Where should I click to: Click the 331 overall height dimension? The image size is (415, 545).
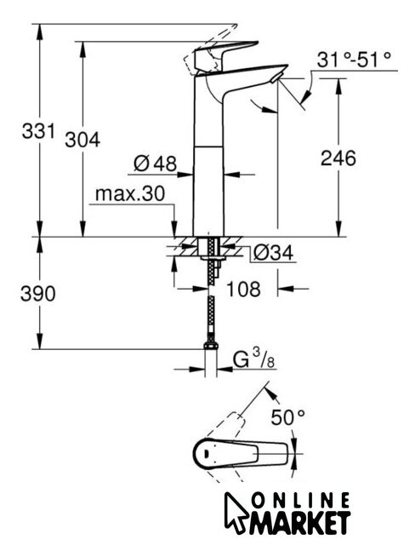[x=38, y=131]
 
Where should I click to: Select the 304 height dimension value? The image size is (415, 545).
[x=82, y=140]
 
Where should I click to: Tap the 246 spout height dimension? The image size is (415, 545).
[x=338, y=158]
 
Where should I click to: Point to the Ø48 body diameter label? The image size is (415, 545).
[x=155, y=163]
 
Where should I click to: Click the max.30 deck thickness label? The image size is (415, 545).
[x=130, y=193]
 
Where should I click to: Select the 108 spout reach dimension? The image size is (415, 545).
[x=243, y=289]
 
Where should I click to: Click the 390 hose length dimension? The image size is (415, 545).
[x=37, y=293]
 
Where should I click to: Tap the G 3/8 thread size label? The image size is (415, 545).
[x=254, y=359]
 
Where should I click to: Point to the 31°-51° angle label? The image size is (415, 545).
[x=354, y=60]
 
